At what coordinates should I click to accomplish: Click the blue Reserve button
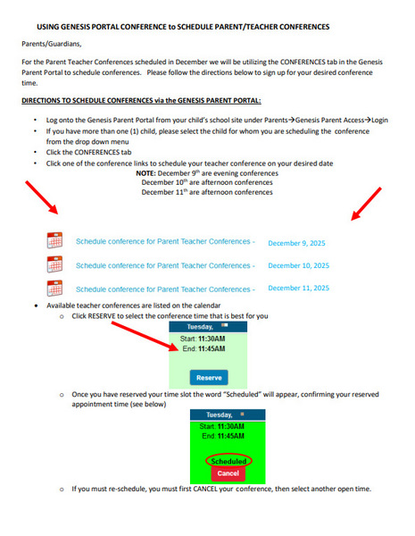tap(209, 378)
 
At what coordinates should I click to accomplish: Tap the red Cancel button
tap(227, 473)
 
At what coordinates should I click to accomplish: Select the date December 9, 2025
tap(298, 243)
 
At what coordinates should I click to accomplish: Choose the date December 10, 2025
tap(298, 265)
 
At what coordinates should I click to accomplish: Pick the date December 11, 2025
tap(298, 288)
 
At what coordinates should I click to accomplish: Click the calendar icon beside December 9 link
tap(54, 241)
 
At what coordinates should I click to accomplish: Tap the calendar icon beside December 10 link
tap(54, 264)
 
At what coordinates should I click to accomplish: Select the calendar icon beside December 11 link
tap(54, 288)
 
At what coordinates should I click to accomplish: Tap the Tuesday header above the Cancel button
tap(224, 415)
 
